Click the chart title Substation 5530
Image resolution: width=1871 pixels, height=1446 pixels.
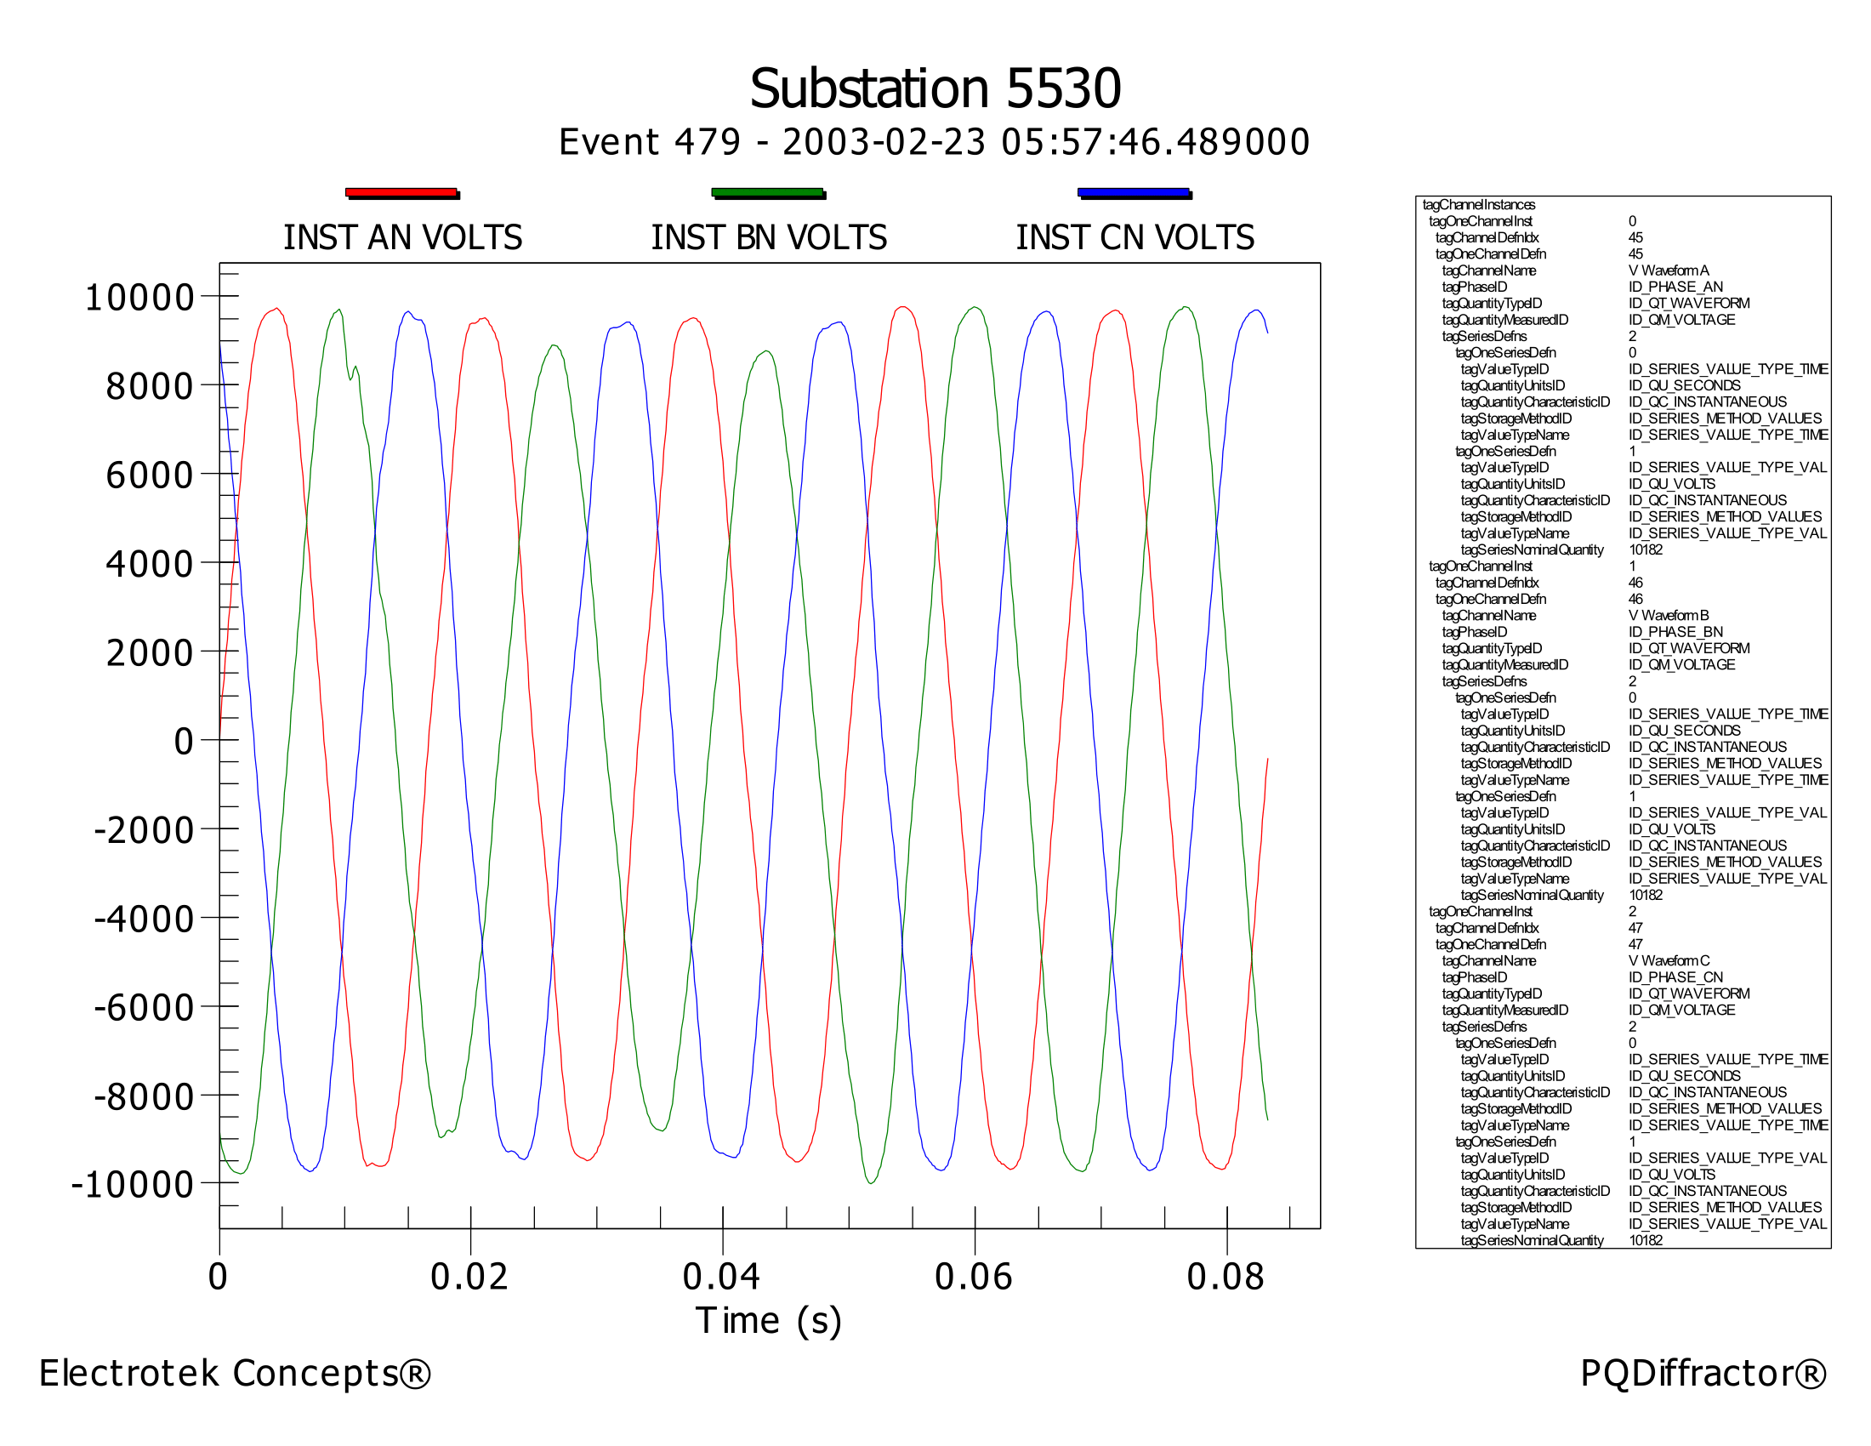pos(935,88)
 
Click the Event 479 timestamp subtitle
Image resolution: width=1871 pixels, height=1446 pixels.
pos(935,142)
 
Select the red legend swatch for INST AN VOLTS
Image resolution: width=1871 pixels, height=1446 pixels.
pos(401,193)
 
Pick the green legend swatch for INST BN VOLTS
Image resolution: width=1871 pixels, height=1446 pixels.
pos(768,193)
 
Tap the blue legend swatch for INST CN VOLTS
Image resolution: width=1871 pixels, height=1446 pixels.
pos(1134,193)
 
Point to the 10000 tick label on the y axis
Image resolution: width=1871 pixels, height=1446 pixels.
pos(139,298)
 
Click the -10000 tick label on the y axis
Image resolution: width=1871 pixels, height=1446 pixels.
pos(133,1185)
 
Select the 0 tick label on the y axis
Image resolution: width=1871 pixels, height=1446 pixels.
pos(184,741)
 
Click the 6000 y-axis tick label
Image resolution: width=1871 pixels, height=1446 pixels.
pos(149,475)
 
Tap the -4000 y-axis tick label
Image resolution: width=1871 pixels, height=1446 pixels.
pos(143,919)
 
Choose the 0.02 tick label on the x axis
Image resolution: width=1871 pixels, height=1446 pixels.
pos(469,1278)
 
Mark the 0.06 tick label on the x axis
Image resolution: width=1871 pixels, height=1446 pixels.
pos(973,1278)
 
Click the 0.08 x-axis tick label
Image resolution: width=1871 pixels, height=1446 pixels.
pos(1225,1278)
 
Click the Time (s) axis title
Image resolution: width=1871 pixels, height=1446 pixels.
pos(769,1321)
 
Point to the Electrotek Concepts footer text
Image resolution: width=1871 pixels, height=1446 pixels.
pos(235,1373)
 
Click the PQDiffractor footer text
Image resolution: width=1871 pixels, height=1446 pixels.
pos(1703,1373)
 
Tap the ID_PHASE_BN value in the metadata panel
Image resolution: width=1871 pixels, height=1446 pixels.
pos(1675,632)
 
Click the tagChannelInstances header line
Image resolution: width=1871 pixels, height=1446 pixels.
pos(1479,205)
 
